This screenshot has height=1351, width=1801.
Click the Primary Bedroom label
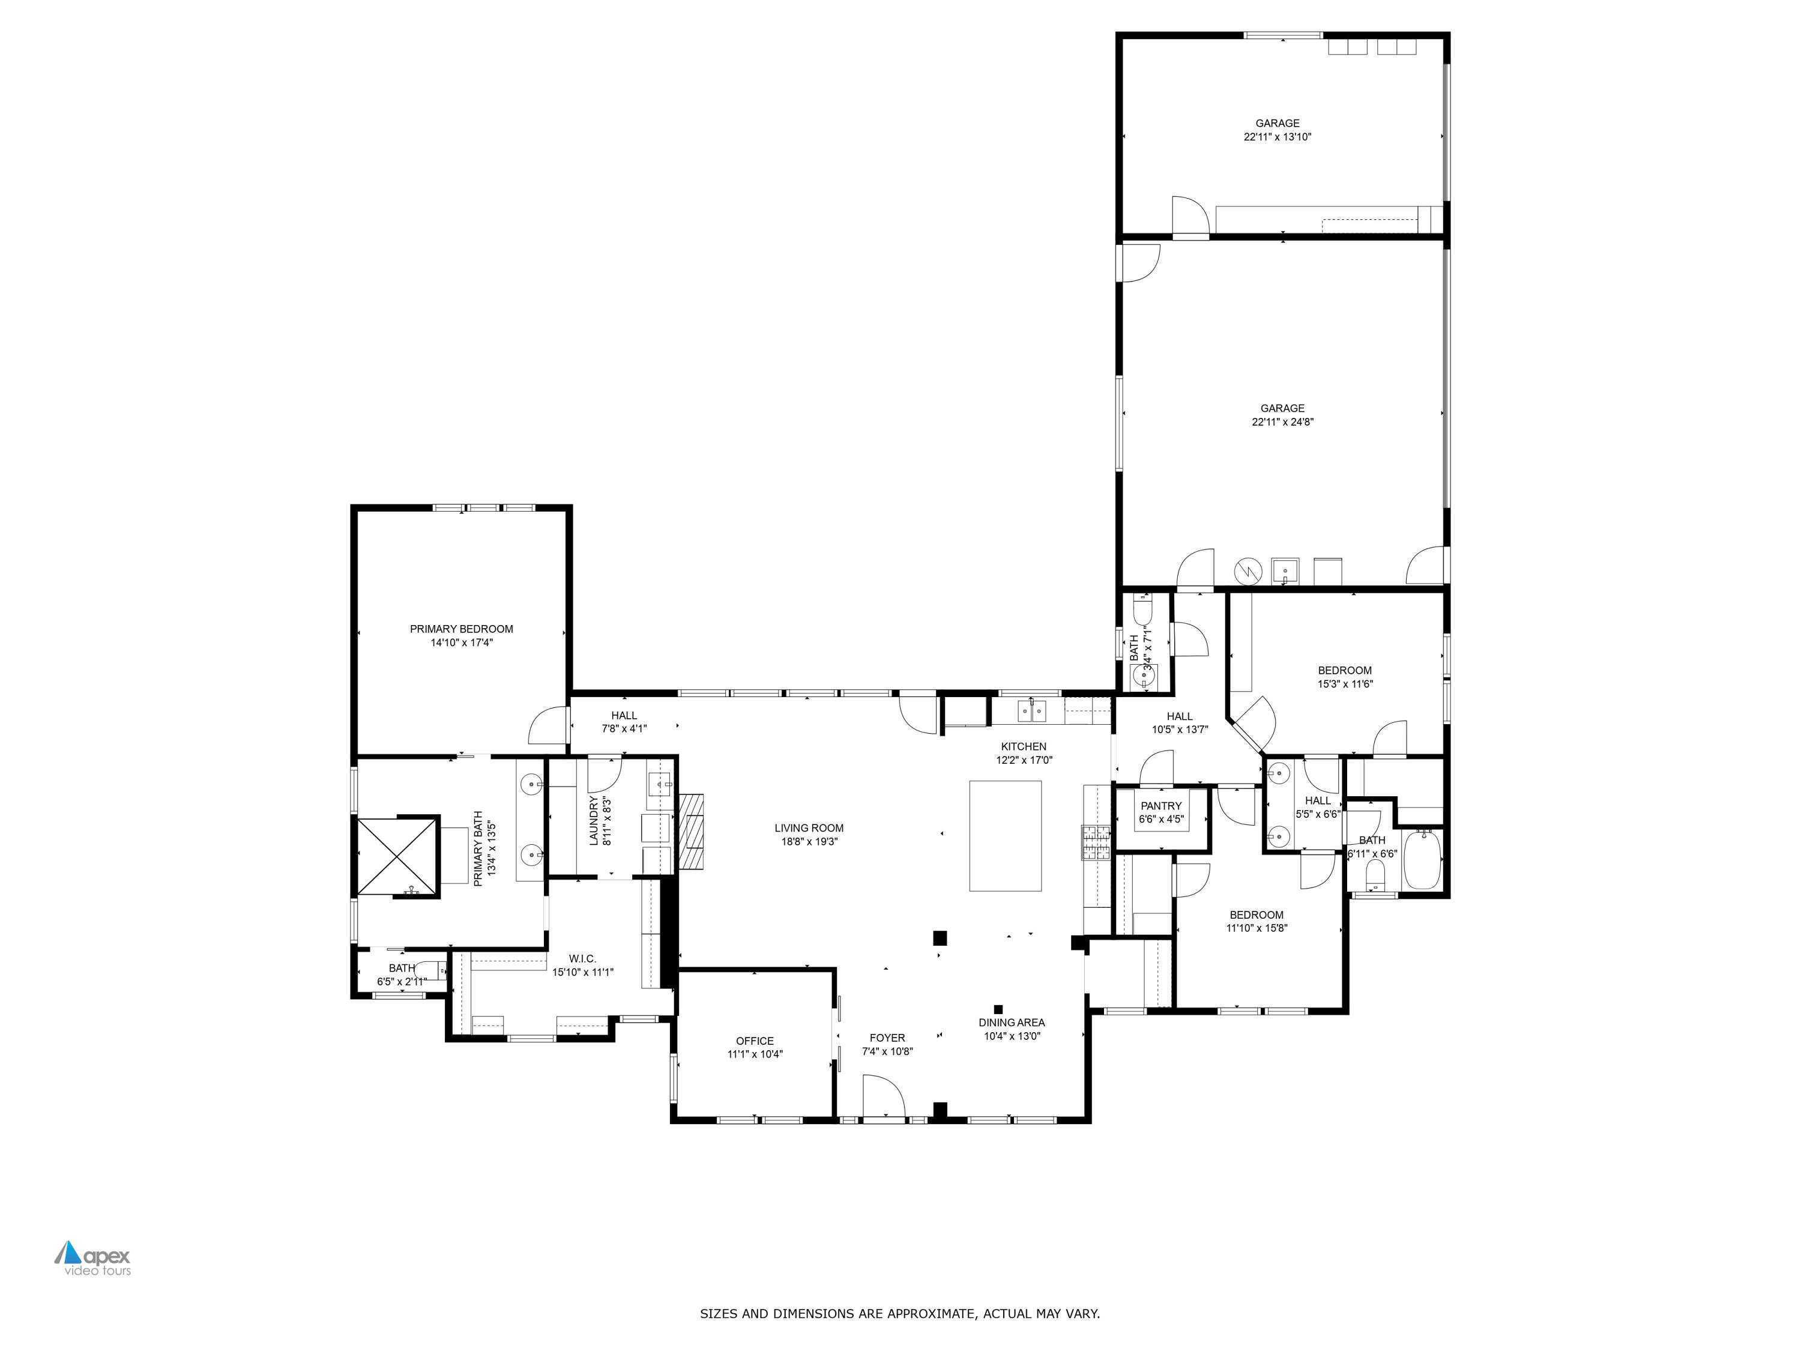click(x=461, y=629)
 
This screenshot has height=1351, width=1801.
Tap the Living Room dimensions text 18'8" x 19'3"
click(x=809, y=841)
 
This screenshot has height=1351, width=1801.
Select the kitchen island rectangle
click(x=1005, y=836)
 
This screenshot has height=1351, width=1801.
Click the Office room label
click(x=754, y=1041)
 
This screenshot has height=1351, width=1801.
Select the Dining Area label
click(x=1011, y=1023)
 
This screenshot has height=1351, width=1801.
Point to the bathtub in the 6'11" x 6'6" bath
click(x=1422, y=860)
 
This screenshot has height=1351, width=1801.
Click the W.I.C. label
click(x=582, y=958)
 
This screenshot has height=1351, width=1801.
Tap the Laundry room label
click(x=594, y=821)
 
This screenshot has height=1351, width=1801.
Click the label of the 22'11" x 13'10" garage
click(x=1277, y=124)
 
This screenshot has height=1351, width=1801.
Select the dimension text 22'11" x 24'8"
click(x=1282, y=422)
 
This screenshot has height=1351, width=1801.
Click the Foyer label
click(x=887, y=1038)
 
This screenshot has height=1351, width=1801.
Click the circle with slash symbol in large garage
click(x=1246, y=572)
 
